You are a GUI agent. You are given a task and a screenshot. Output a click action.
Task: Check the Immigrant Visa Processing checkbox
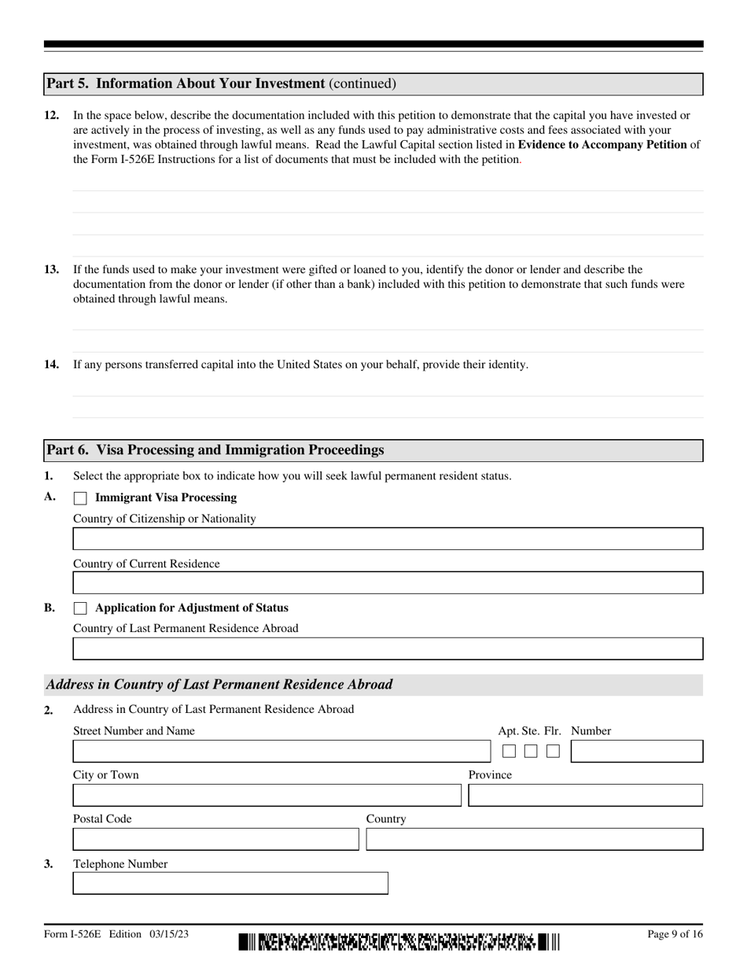click(80, 498)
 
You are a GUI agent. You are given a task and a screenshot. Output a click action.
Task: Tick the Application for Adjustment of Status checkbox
click(80, 608)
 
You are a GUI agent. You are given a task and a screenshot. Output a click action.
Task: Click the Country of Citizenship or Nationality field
click(388, 539)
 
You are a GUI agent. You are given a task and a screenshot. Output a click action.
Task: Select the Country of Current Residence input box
click(388, 583)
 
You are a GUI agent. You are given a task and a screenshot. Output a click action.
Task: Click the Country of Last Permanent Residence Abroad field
click(388, 648)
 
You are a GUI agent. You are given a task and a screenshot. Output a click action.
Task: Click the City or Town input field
click(267, 796)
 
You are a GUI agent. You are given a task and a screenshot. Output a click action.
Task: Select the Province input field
click(585, 796)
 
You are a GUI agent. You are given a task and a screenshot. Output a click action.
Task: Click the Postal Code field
click(215, 840)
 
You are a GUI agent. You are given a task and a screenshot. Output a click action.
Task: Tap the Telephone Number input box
click(230, 884)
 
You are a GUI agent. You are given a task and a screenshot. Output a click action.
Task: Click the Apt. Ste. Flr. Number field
click(636, 752)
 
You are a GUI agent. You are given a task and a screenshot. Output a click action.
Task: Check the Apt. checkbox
click(509, 752)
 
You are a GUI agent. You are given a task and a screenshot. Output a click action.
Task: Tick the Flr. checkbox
click(553, 752)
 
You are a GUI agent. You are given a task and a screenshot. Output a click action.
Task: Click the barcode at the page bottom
click(399, 941)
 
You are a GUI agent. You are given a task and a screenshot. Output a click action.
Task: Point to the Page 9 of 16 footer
click(674, 934)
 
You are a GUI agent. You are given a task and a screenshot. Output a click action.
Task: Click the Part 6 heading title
click(215, 450)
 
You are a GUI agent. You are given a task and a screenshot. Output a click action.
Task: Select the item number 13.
click(51, 269)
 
